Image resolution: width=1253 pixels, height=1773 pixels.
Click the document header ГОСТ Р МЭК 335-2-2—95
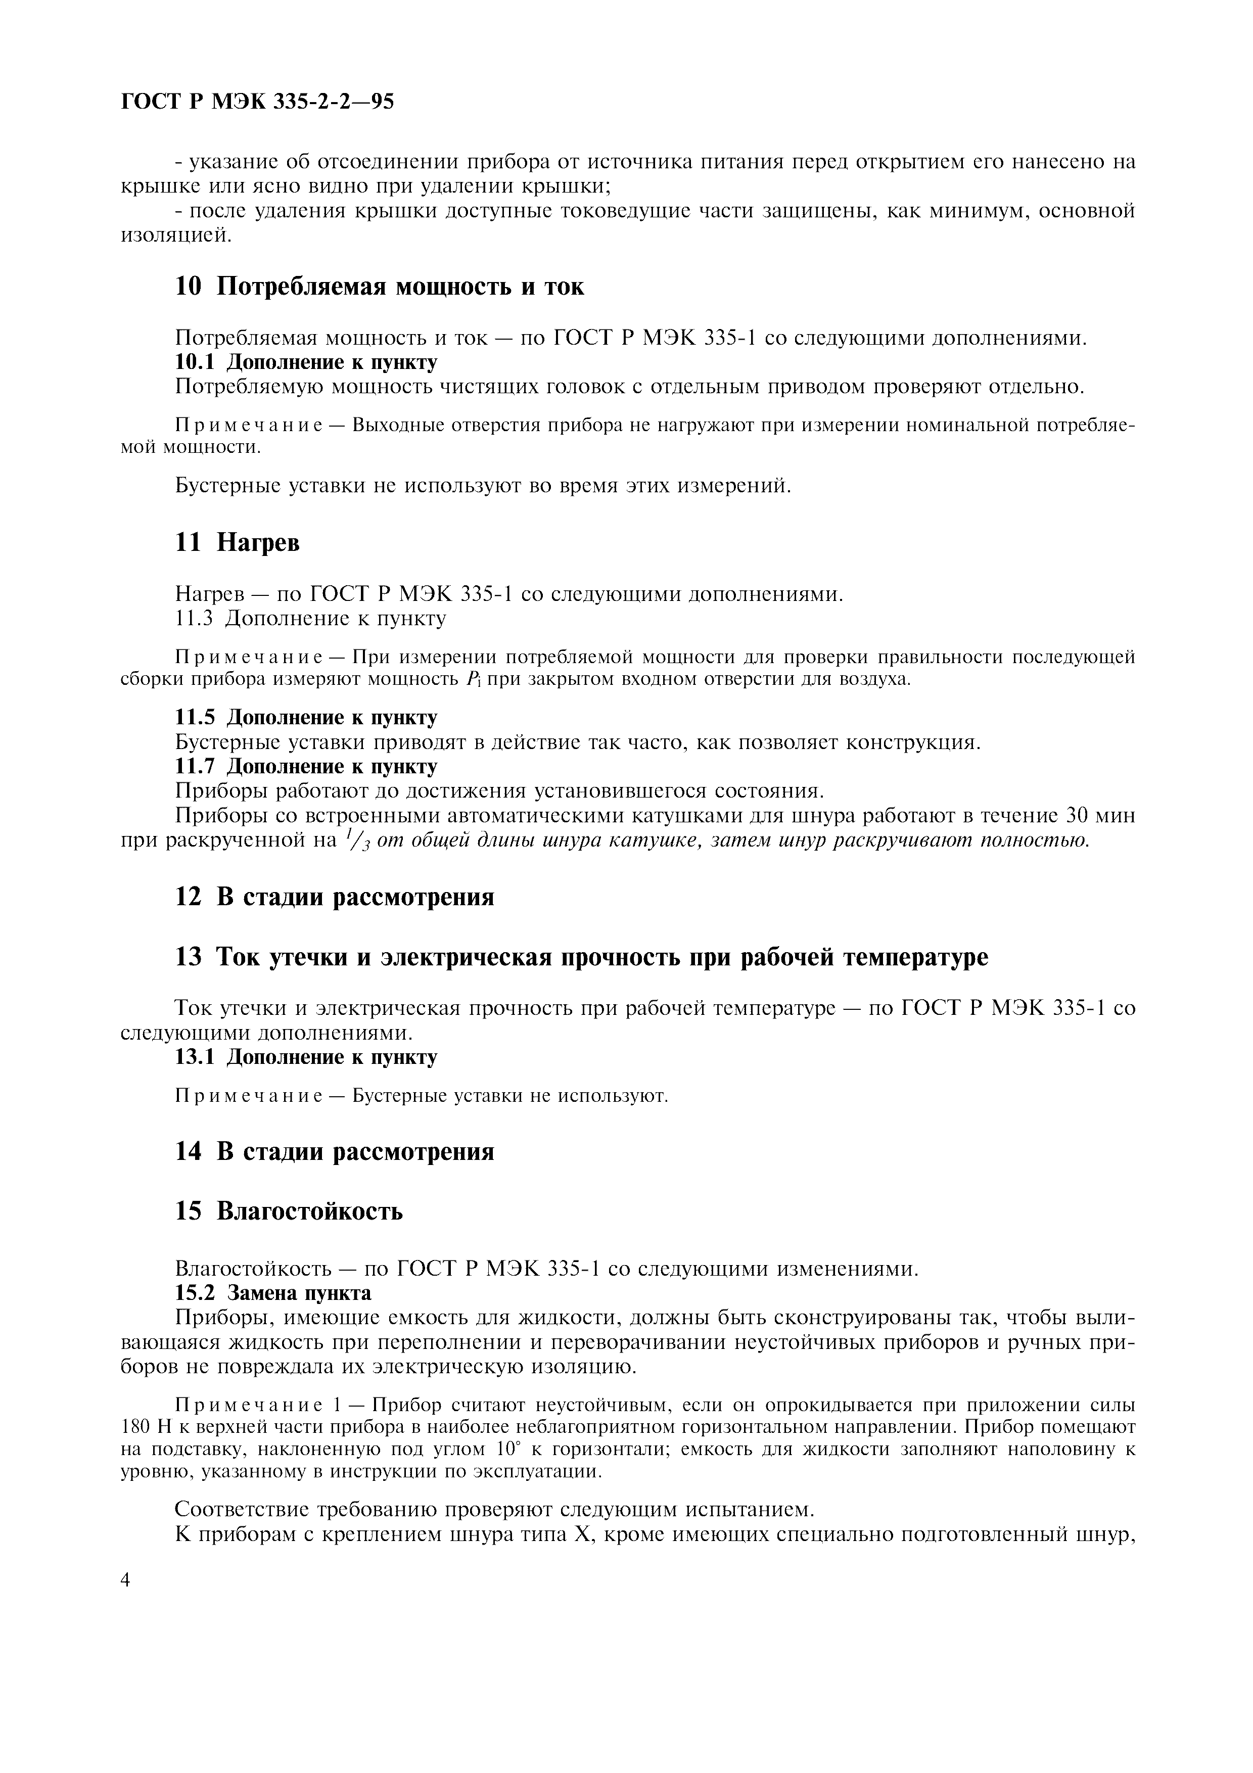click(x=258, y=102)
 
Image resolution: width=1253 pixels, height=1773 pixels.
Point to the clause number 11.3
click(x=195, y=619)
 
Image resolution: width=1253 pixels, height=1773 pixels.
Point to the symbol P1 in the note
click(x=474, y=680)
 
